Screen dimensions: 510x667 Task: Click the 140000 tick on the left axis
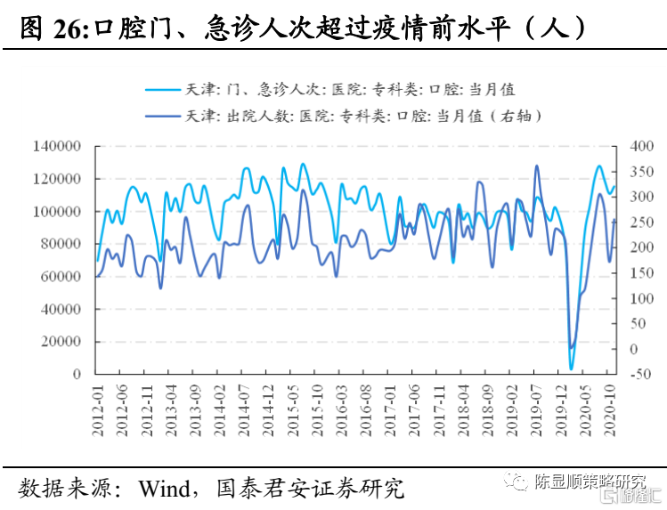(58, 146)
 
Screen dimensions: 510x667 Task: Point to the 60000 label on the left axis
(61, 276)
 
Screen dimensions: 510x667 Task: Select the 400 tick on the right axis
(641, 146)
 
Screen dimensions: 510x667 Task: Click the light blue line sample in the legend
(163, 89)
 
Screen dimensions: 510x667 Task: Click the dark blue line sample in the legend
(163, 116)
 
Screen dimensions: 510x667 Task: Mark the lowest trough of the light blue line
(572, 368)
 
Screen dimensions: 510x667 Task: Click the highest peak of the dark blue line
(537, 166)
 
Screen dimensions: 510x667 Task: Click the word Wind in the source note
(164, 488)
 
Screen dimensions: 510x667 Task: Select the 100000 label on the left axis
(58, 211)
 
